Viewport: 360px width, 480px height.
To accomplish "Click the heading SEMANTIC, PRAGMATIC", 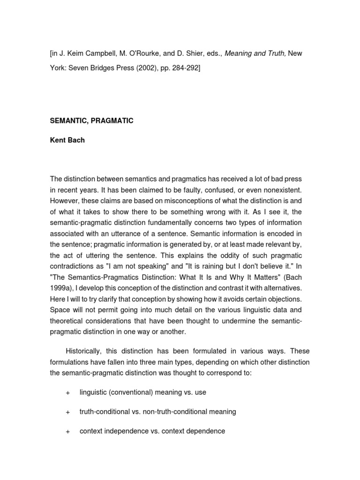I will (x=91, y=121).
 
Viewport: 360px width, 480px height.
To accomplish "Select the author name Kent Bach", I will (x=67, y=140).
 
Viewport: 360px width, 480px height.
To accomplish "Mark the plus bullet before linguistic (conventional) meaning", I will (x=67, y=392).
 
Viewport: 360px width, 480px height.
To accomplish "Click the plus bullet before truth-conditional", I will (x=67, y=412).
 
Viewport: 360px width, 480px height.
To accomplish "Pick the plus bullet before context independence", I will (x=67, y=431).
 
